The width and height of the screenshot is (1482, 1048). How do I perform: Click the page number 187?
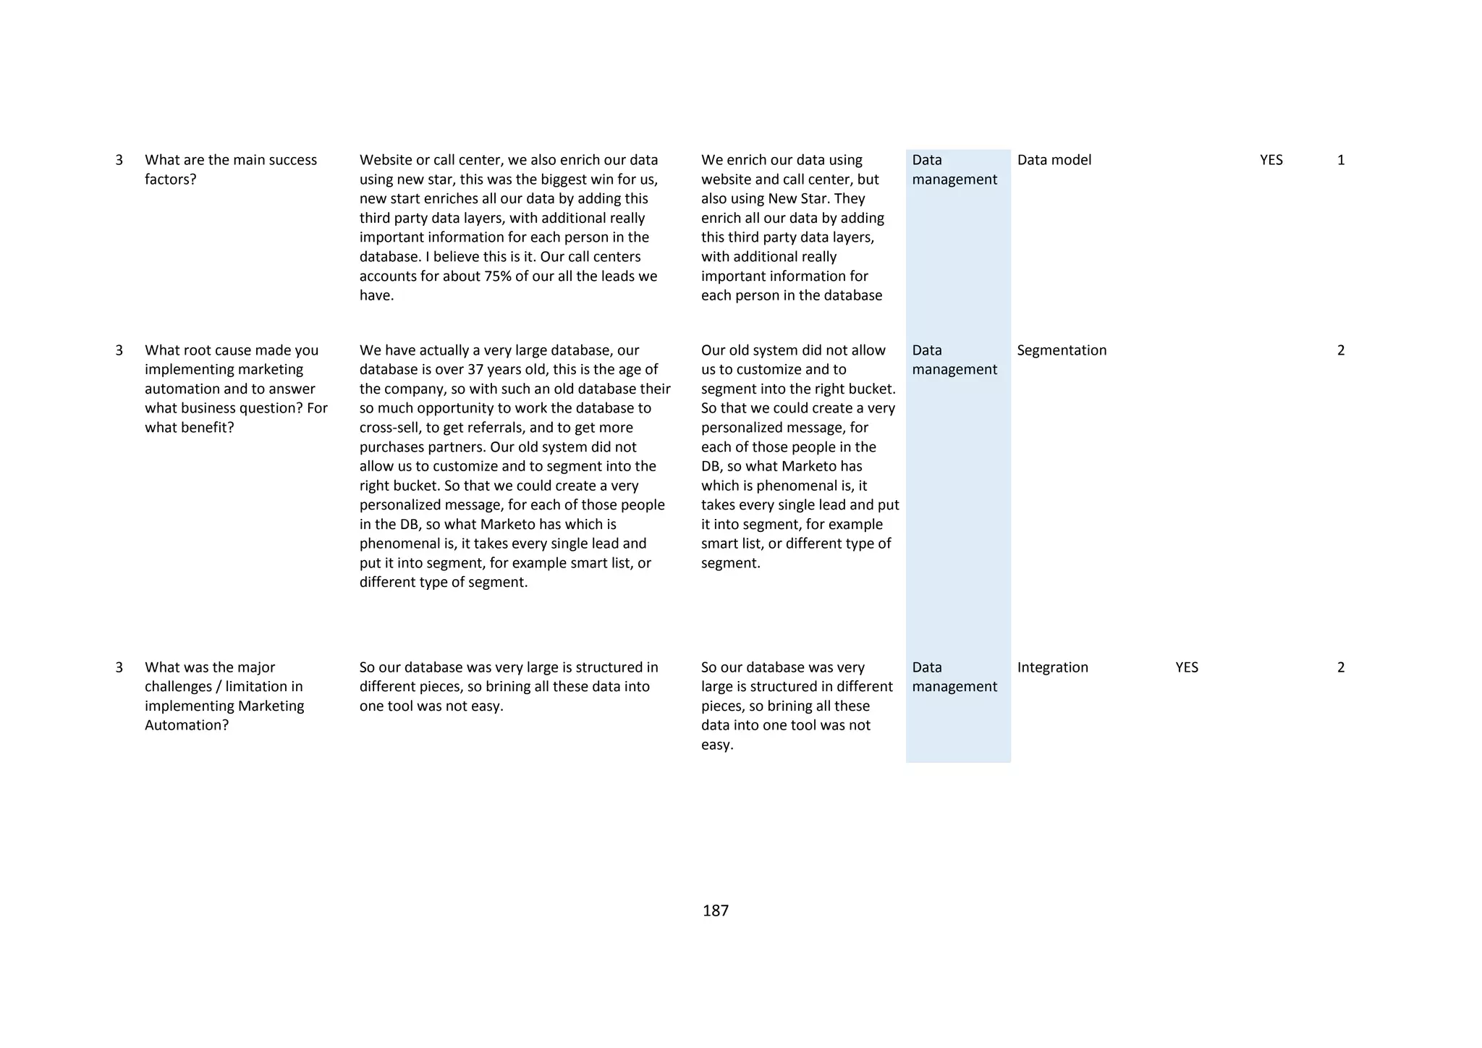click(715, 910)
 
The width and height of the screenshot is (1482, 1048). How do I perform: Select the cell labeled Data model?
click(1054, 160)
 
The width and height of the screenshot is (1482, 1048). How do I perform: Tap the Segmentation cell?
click(1062, 350)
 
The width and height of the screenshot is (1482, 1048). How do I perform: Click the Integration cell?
click(1052, 667)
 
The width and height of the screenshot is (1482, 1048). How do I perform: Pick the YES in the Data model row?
click(1271, 160)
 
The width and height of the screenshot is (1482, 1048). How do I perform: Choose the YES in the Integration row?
click(1187, 667)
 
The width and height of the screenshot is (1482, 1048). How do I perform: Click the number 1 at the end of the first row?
click(1341, 160)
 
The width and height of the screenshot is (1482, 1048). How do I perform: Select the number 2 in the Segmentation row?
click(1341, 350)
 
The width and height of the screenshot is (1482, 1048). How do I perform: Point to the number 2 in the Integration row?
click(1341, 667)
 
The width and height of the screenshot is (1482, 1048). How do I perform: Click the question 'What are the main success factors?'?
click(230, 169)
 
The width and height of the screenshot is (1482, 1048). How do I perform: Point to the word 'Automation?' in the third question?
click(187, 725)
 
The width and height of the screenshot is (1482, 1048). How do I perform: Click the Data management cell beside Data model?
click(954, 169)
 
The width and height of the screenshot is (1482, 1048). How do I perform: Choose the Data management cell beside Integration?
click(954, 677)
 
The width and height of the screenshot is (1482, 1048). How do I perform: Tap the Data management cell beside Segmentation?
click(954, 360)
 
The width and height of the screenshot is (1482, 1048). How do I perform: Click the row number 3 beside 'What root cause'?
click(119, 350)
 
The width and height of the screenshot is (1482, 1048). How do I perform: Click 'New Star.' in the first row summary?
click(796, 199)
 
